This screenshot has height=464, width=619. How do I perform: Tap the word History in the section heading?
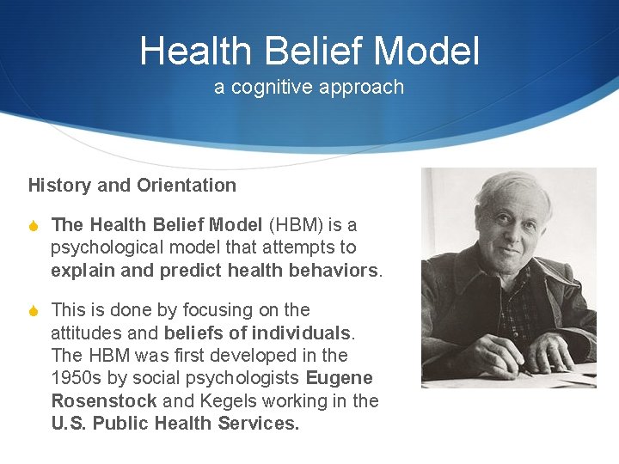[58, 186]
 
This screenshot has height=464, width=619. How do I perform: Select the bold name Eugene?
[339, 378]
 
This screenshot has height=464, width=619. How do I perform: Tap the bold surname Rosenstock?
[104, 401]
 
